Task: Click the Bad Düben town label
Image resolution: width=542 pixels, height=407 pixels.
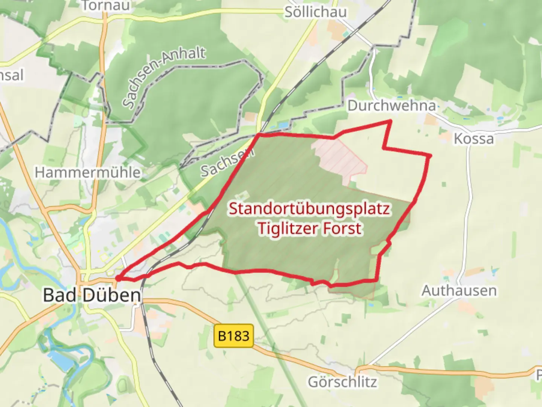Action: tap(92, 295)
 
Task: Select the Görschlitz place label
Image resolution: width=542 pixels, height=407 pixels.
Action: tap(342, 382)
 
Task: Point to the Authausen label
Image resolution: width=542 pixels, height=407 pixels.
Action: tap(459, 291)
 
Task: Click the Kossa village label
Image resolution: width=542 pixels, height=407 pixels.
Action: tap(473, 139)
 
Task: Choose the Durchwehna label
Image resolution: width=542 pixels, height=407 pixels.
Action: tap(391, 106)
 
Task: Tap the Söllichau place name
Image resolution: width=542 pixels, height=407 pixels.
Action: tap(315, 12)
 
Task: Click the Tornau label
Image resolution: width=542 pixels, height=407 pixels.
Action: tap(106, 5)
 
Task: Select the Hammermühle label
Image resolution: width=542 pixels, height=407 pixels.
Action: tap(88, 173)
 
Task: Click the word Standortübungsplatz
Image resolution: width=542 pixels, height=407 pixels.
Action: tap(309, 209)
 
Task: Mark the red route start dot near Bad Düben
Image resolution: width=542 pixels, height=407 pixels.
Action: tap(118, 278)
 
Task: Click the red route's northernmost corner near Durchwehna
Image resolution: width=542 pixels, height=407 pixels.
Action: tap(391, 121)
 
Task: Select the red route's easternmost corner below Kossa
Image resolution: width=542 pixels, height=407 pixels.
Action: tap(430, 155)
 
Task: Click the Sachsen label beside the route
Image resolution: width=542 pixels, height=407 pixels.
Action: tap(227, 163)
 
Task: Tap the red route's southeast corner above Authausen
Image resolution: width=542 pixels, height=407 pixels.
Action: tap(377, 280)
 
